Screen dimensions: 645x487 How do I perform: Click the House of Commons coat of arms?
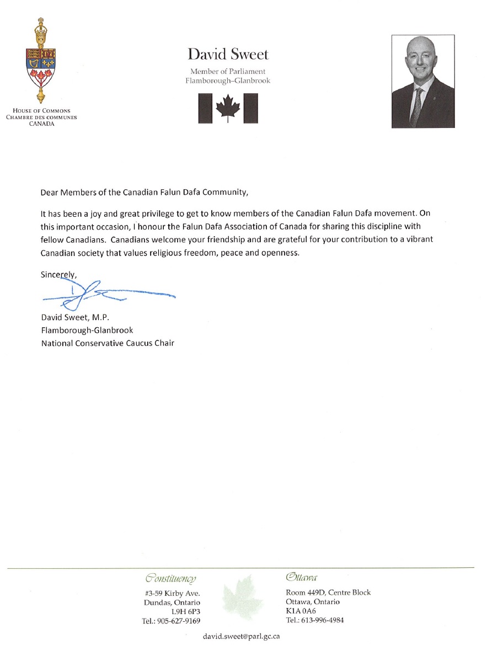click(40, 61)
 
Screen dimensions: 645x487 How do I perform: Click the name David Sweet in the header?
click(228, 55)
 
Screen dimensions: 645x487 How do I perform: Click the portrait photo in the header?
click(423, 82)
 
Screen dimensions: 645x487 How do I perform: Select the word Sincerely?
click(58, 274)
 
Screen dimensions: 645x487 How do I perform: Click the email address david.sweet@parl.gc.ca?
click(242, 636)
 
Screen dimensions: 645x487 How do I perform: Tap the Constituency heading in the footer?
click(170, 578)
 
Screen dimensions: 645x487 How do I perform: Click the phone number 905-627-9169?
click(178, 621)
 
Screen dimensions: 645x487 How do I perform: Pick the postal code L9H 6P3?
click(186, 612)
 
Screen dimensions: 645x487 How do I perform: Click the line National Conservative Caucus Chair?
click(108, 343)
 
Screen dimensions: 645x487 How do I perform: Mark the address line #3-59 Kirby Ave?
click(172, 593)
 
